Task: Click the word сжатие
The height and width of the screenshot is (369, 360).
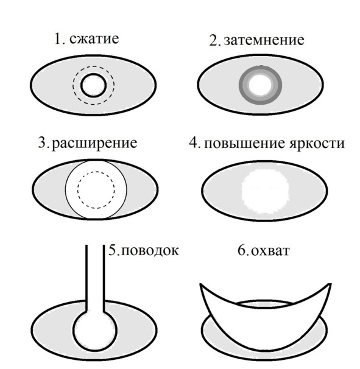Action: pos(94,38)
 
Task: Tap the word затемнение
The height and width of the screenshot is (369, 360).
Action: pos(264,40)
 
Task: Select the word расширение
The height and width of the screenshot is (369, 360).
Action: pos(94,144)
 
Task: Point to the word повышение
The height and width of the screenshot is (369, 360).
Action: pos(244,143)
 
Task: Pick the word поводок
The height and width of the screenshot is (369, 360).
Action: pos(150,251)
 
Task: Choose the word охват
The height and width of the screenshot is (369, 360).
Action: pos(270,251)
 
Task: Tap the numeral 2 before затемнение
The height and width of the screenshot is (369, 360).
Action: pos(214,40)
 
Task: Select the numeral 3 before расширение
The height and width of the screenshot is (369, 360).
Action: pos(43,143)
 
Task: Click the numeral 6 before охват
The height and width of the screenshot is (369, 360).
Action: pos(242,250)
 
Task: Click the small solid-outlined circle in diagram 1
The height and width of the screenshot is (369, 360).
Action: pos(93,74)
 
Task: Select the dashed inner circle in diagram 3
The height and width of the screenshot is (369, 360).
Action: pos(96,172)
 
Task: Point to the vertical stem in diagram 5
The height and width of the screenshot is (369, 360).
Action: pos(95,278)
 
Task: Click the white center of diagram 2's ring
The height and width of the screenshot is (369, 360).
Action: pos(260,85)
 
